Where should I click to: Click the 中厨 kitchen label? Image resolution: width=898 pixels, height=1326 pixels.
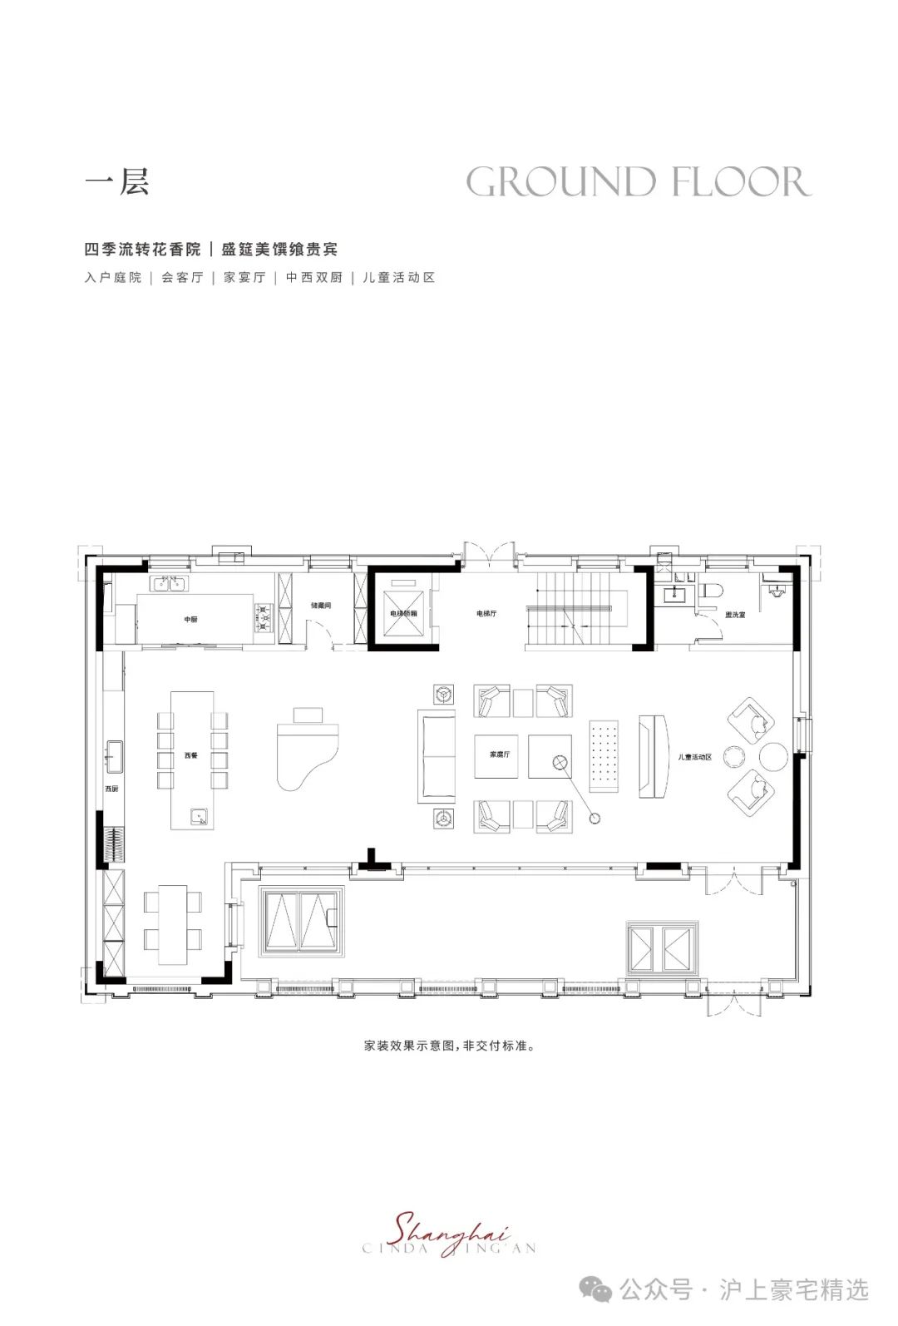coord(190,619)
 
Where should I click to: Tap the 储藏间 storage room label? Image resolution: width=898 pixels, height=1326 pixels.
coord(321,606)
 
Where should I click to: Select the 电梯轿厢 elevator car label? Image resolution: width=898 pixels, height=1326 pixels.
coord(403,613)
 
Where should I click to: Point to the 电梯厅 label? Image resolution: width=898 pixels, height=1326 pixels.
coord(486,613)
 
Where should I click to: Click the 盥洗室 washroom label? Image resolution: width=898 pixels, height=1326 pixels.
coord(734,615)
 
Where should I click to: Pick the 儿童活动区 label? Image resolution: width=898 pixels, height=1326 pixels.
coord(695,756)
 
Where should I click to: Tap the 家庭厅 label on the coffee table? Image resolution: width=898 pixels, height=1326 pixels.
coord(499,755)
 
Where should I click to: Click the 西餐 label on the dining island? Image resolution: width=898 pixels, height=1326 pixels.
coord(191,755)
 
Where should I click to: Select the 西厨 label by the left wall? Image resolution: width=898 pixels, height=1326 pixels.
coord(111,788)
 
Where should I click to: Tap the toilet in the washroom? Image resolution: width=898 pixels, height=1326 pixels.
coord(711,591)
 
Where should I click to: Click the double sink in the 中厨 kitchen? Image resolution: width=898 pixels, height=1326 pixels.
coord(170,583)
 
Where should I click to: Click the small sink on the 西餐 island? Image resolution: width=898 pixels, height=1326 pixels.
coord(199,816)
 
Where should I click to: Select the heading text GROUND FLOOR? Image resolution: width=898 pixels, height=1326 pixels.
coord(638,182)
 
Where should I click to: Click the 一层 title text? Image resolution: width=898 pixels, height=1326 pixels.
coord(117,182)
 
